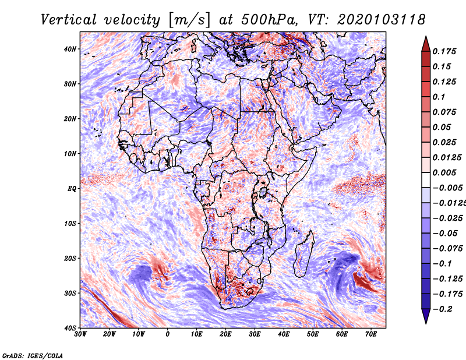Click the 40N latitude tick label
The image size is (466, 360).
point(70,49)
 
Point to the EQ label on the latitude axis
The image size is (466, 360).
point(72,189)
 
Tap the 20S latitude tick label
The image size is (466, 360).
point(70,258)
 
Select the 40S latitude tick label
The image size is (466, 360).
point(70,328)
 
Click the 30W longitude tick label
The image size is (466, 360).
point(80,334)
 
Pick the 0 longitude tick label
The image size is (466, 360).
point(168,334)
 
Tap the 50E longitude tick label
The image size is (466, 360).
point(313,334)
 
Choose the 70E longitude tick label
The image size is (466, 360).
point(371,334)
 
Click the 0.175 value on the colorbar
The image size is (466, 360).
point(444,51)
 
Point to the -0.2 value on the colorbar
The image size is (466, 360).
point(442,309)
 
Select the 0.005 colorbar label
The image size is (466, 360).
point(444,172)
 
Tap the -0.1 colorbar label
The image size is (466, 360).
point(442,264)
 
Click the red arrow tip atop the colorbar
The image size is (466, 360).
point(426,37)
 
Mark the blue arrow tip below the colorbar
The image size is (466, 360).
point(426,323)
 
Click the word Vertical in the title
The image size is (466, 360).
point(69,20)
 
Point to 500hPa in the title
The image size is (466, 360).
point(269,20)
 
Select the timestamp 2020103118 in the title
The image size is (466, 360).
point(382,20)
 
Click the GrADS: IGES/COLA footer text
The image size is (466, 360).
point(33,355)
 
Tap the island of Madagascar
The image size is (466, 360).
point(304,254)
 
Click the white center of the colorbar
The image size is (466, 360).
point(426,180)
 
